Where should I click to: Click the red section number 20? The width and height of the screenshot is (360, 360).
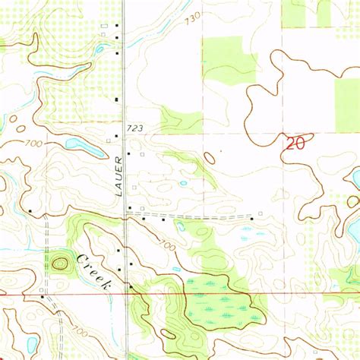pos(297,144)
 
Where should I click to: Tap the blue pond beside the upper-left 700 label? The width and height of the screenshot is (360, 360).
pos(76,143)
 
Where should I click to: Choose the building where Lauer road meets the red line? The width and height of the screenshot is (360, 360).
pos(131,286)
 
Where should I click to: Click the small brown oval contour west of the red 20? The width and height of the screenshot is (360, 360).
pos(209,157)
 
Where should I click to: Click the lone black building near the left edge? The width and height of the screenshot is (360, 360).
pos(30,211)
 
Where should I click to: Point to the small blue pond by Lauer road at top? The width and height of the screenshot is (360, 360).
pos(99,50)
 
